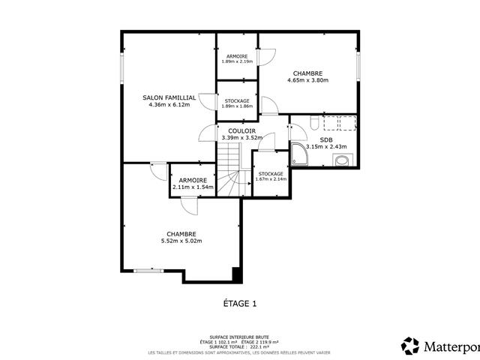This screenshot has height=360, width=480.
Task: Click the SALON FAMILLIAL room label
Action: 169,97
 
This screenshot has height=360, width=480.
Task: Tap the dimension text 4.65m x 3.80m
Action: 303,81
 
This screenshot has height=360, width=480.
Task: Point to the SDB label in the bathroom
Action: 326,139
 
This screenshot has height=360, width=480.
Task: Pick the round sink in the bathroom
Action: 343,160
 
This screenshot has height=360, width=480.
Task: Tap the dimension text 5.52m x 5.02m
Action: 181,241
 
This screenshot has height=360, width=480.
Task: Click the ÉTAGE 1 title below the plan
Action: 240,304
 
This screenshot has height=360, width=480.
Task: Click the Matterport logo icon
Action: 410,346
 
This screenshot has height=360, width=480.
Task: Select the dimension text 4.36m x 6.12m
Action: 169,105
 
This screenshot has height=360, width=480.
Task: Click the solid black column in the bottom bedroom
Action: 237,275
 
